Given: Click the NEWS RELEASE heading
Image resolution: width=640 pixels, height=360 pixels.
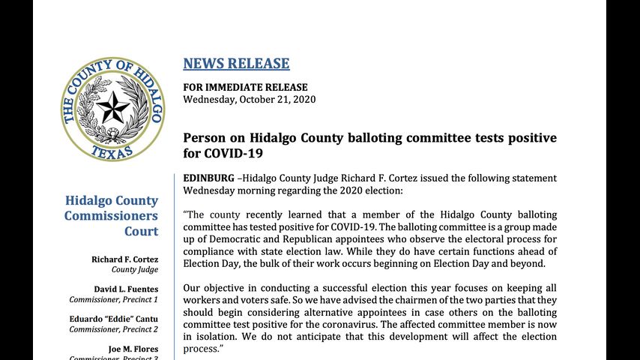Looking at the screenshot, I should (236, 64).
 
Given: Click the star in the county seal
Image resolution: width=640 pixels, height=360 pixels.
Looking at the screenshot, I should (113, 108).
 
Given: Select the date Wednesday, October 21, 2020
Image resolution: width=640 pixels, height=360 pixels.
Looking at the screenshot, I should (250, 99).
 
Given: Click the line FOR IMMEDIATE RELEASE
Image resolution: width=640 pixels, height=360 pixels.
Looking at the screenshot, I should (244, 86).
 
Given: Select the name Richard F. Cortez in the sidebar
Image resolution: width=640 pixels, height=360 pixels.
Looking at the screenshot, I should (125, 259).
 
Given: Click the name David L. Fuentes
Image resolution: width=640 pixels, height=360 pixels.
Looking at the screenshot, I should (126, 289).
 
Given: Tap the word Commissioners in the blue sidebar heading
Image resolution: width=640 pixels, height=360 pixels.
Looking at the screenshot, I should (111, 216).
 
